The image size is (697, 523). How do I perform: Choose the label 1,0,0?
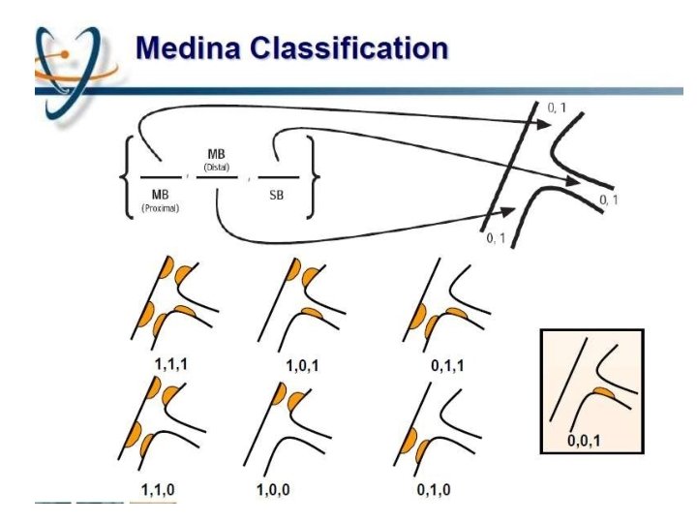(274, 489)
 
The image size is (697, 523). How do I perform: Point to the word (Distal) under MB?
(218, 167)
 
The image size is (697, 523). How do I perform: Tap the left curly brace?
(127, 179)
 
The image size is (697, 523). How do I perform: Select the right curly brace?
(313, 179)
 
